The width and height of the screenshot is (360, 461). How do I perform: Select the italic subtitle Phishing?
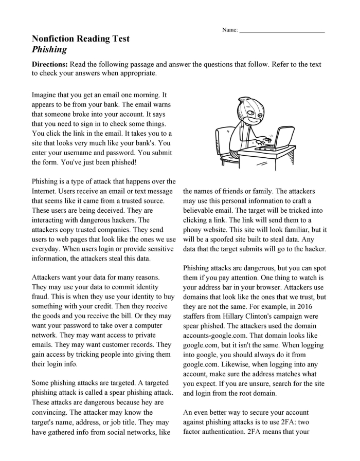[49, 50]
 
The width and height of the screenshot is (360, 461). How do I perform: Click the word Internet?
[46, 191]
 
